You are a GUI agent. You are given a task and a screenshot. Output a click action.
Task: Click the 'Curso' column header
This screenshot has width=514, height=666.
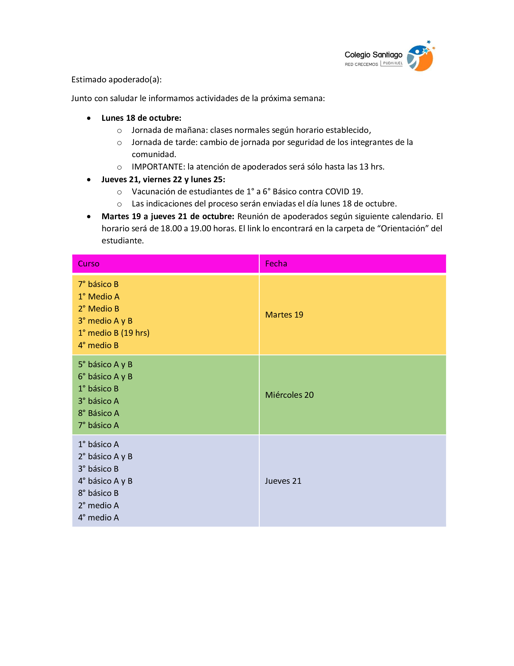click(x=89, y=264)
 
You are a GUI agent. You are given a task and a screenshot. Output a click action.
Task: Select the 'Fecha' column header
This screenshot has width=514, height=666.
click(x=276, y=264)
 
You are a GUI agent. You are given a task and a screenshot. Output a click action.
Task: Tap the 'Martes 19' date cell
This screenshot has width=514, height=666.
click(x=284, y=315)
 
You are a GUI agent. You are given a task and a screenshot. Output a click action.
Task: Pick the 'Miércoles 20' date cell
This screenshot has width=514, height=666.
click(x=289, y=395)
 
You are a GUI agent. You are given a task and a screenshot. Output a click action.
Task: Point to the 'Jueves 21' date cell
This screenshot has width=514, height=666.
click(x=283, y=481)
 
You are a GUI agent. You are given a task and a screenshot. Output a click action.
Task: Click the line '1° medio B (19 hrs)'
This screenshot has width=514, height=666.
click(x=114, y=333)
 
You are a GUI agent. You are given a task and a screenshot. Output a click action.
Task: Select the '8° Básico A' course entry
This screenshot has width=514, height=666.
click(x=98, y=413)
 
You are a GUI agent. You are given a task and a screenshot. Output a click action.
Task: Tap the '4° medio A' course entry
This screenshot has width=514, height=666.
click(x=98, y=517)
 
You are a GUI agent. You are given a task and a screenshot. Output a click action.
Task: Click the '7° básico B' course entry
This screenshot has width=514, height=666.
click(x=98, y=284)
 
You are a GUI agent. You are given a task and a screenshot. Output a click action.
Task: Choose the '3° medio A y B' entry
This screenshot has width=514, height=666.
click(x=105, y=321)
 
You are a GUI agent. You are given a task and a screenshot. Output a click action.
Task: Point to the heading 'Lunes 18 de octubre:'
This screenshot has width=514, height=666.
click(x=141, y=118)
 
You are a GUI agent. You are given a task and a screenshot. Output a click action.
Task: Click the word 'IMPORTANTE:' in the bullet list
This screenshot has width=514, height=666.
click(x=158, y=167)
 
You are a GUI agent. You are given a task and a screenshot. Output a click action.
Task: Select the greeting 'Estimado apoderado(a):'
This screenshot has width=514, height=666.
click(x=116, y=80)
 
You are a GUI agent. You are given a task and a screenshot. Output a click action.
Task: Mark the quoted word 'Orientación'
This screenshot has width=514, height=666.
click(x=404, y=228)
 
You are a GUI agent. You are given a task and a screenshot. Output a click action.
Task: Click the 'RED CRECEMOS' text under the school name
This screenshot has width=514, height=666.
click(x=361, y=64)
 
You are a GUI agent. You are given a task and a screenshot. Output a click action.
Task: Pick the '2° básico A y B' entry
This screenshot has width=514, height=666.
click(x=105, y=457)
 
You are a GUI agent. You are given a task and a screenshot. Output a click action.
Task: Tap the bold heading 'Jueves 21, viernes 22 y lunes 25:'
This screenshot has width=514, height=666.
click(x=163, y=180)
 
